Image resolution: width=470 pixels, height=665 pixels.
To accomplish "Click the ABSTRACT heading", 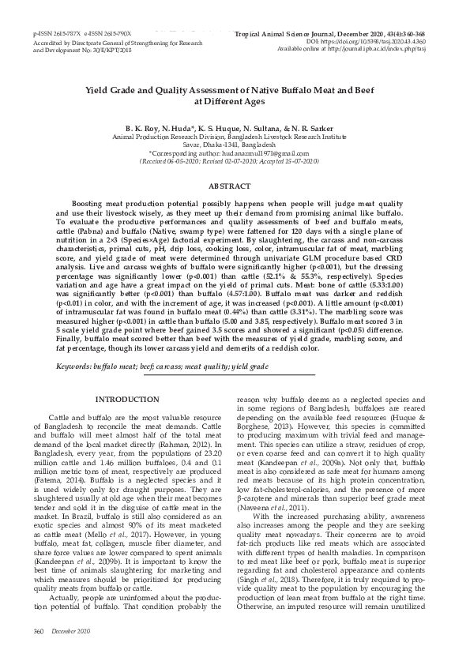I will (x=235, y=185).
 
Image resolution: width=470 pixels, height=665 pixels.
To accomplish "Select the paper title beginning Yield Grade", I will (x=235, y=96).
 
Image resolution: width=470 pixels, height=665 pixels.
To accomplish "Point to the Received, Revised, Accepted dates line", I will (x=235, y=160).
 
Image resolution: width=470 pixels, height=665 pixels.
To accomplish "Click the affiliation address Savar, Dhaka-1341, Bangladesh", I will (x=235, y=145).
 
